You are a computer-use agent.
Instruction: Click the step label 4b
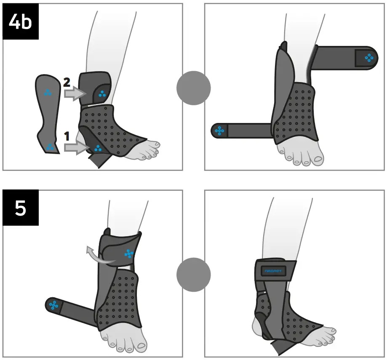point(21,21)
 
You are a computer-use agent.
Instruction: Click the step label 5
point(21,208)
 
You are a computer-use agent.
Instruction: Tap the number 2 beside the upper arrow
point(67,83)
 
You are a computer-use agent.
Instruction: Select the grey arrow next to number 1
point(76,147)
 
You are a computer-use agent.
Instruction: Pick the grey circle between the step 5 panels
point(193,275)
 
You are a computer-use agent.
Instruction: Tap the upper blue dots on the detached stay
point(48,93)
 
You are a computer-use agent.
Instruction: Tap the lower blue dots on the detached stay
point(50,147)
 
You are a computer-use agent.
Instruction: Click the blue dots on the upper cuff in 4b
point(102,94)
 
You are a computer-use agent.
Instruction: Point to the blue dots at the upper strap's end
point(368,58)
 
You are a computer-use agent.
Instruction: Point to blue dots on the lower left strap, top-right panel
point(219,131)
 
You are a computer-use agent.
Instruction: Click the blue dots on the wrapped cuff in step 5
point(129,253)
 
